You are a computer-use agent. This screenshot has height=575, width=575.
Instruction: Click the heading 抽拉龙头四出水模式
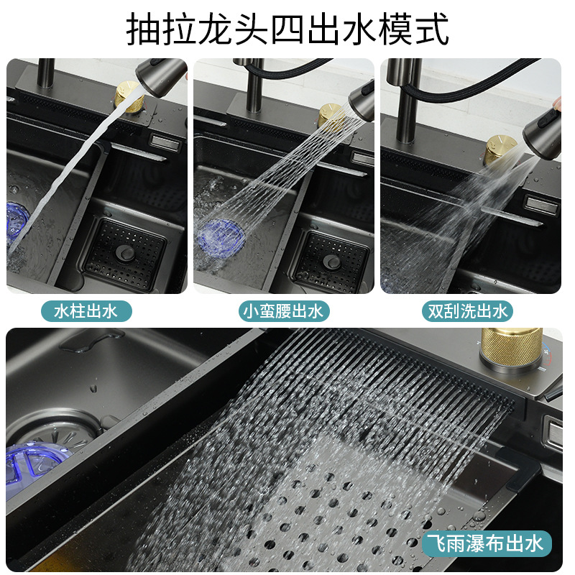(287, 29)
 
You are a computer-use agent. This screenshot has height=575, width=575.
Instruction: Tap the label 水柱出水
(93, 311)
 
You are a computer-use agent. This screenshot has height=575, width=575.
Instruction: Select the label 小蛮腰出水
(285, 311)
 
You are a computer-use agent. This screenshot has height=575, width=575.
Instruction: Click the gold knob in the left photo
(129, 96)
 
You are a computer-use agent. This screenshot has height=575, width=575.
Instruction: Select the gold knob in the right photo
(500, 149)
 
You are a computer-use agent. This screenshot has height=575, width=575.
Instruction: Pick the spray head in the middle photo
(362, 101)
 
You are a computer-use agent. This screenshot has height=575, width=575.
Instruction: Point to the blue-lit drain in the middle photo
(220, 234)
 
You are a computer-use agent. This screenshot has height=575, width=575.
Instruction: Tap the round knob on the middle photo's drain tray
(331, 260)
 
